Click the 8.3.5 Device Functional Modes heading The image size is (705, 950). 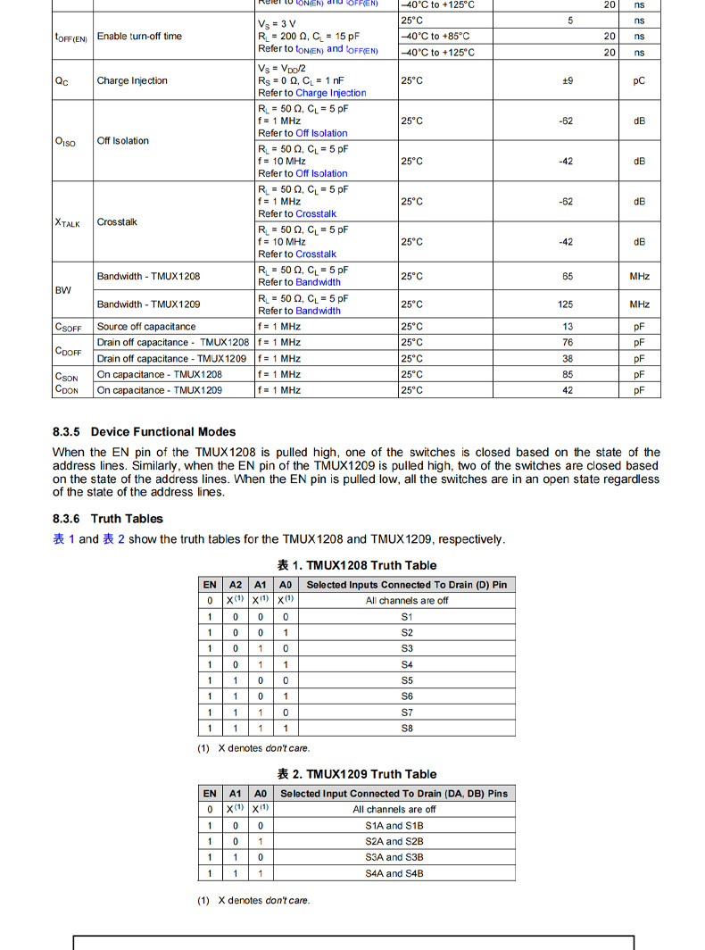(144, 432)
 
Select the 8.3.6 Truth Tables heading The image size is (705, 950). (108, 519)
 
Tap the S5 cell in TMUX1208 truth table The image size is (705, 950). (407, 680)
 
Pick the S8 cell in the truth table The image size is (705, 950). (407, 729)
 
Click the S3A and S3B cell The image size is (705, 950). (394, 857)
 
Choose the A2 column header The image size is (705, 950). (235, 585)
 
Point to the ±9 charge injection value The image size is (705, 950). (567, 80)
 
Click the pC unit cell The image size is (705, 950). (639, 80)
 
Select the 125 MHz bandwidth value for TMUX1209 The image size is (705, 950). (566, 304)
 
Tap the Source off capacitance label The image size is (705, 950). (145, 327)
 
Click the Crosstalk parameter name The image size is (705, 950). (117, 221)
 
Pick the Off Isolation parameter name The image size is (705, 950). (122, 141)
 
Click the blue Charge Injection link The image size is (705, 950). (331, 93)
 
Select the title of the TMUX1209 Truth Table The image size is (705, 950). (356, 774)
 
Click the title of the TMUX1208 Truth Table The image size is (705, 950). (356, 565)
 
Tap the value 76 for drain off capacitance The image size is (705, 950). (568, 343)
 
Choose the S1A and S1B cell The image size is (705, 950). (394, 826)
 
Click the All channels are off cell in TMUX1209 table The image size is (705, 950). (394, 810)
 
